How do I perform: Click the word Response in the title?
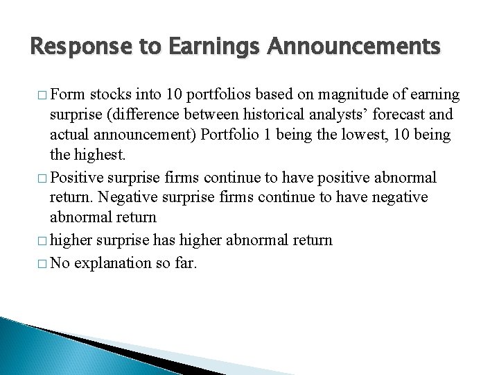pyautogui.click(x=71, y=48)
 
